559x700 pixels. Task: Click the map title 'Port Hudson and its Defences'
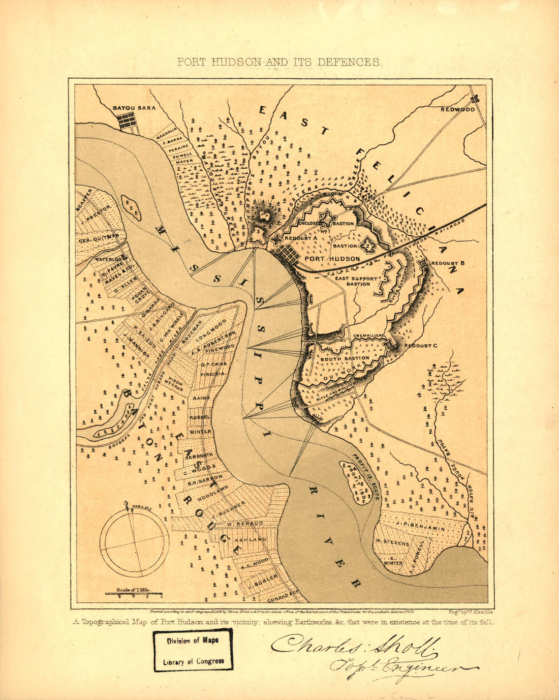coord(279,63)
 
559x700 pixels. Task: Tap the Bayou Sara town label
coord(134,108)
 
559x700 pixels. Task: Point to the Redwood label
coord(457,109)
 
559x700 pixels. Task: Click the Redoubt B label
coord(449,263)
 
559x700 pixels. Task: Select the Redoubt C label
coord(421,346)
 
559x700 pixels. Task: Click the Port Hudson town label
coord(332,259)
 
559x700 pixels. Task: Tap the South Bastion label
coord(337,359)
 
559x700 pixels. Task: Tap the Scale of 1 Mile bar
coord(134,593)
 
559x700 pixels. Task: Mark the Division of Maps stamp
coord(193,650)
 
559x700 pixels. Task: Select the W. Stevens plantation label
coord(392,542)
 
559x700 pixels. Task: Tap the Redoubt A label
coord(301,238)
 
